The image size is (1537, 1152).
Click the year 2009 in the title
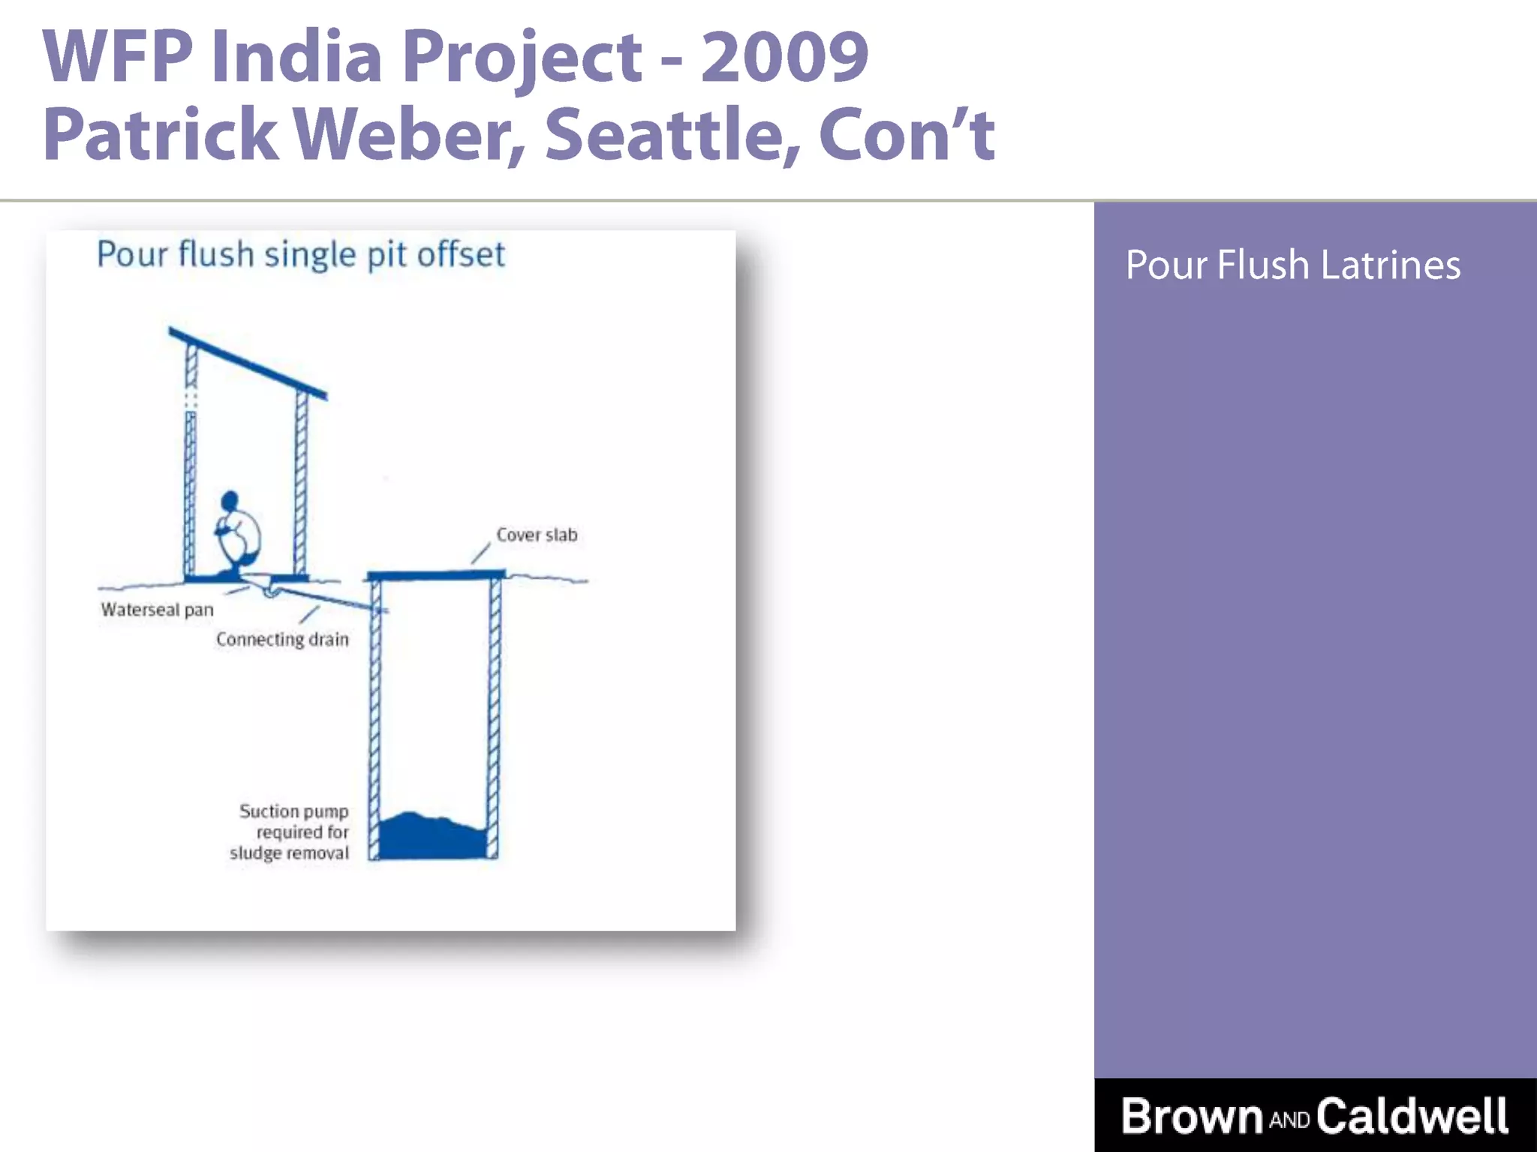tap(784, 56)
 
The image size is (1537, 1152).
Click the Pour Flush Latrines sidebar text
tap(1292, 265)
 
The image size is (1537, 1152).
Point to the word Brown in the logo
tap(1193, 1116)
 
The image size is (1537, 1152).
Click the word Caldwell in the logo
tap(1412, 1116)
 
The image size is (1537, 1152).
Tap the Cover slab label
tap(537, 535)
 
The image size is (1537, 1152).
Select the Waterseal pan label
tap(158, 610)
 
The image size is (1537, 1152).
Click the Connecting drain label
tap(282, 639)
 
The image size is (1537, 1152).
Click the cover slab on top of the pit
tap(435, 575)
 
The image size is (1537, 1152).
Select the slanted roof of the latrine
tap(248, 363)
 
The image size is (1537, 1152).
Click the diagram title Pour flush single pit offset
tap(300, 254)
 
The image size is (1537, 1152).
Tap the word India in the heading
tap(296, 56)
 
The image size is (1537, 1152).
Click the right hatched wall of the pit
tap(495, 712)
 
